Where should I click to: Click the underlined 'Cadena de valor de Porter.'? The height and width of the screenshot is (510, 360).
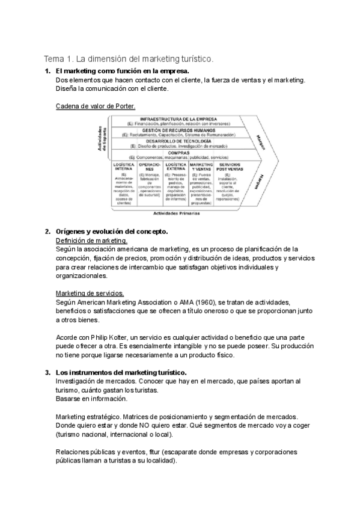click(96, 106)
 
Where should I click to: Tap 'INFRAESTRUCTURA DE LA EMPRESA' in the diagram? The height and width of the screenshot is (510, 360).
click(178, 119)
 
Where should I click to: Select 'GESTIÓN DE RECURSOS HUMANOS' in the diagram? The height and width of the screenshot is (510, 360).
click(178, 129)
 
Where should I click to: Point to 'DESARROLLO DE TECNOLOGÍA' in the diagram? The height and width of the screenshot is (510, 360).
click(178, 141)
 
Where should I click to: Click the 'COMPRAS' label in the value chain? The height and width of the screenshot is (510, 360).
click(179, 152)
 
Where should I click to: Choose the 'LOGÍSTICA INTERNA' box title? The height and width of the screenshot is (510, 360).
click(123, 167)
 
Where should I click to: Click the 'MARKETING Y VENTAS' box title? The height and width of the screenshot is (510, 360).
click(201, 167)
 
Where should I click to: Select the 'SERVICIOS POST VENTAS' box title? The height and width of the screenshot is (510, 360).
click(229, 167)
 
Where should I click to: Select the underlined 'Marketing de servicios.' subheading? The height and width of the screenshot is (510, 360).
click(90, 293)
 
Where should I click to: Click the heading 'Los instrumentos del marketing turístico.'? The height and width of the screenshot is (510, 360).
click(121, 373)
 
